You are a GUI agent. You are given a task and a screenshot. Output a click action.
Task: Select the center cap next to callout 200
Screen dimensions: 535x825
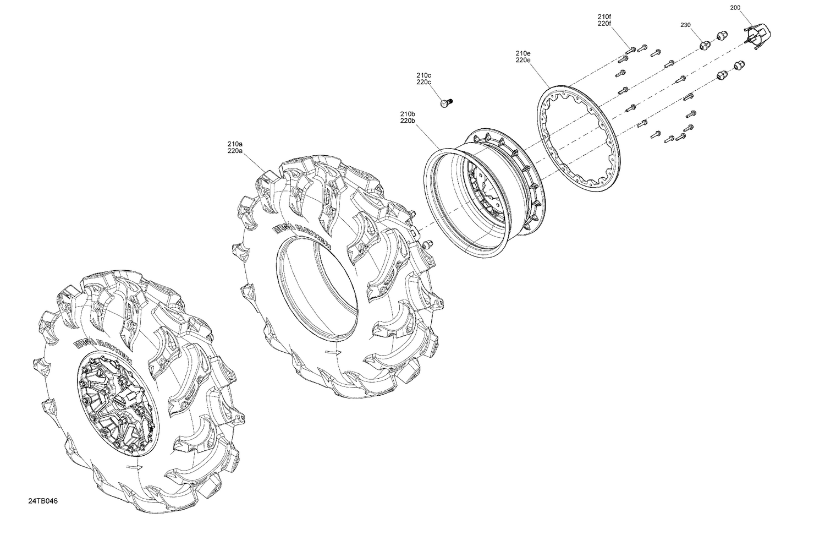tap(757, 35)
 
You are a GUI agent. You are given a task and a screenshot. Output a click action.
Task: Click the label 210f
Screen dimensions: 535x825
tap(604, 17)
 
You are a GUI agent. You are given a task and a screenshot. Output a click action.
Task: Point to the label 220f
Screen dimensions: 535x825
tap(604, 24)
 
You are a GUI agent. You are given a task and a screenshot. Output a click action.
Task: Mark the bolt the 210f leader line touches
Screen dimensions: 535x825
tap(632, 49)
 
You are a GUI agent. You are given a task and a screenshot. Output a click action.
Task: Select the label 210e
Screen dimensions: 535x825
tap(522, 53)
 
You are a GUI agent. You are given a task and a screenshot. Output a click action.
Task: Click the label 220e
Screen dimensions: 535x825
tap(522, 60)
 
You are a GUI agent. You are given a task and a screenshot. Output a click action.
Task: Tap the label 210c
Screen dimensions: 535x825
tap(424, 75)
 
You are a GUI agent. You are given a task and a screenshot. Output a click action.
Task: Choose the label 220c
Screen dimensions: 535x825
tap(424, 82)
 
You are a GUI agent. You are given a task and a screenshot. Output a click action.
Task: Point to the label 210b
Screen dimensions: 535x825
tap(408, 113)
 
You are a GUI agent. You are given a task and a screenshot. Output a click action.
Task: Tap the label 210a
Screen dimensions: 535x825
tap(235, 144)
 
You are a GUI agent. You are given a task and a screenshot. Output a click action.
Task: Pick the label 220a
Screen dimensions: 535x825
tap(235, 151)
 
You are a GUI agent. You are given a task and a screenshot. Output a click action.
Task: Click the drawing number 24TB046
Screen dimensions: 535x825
tap(43, 501)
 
